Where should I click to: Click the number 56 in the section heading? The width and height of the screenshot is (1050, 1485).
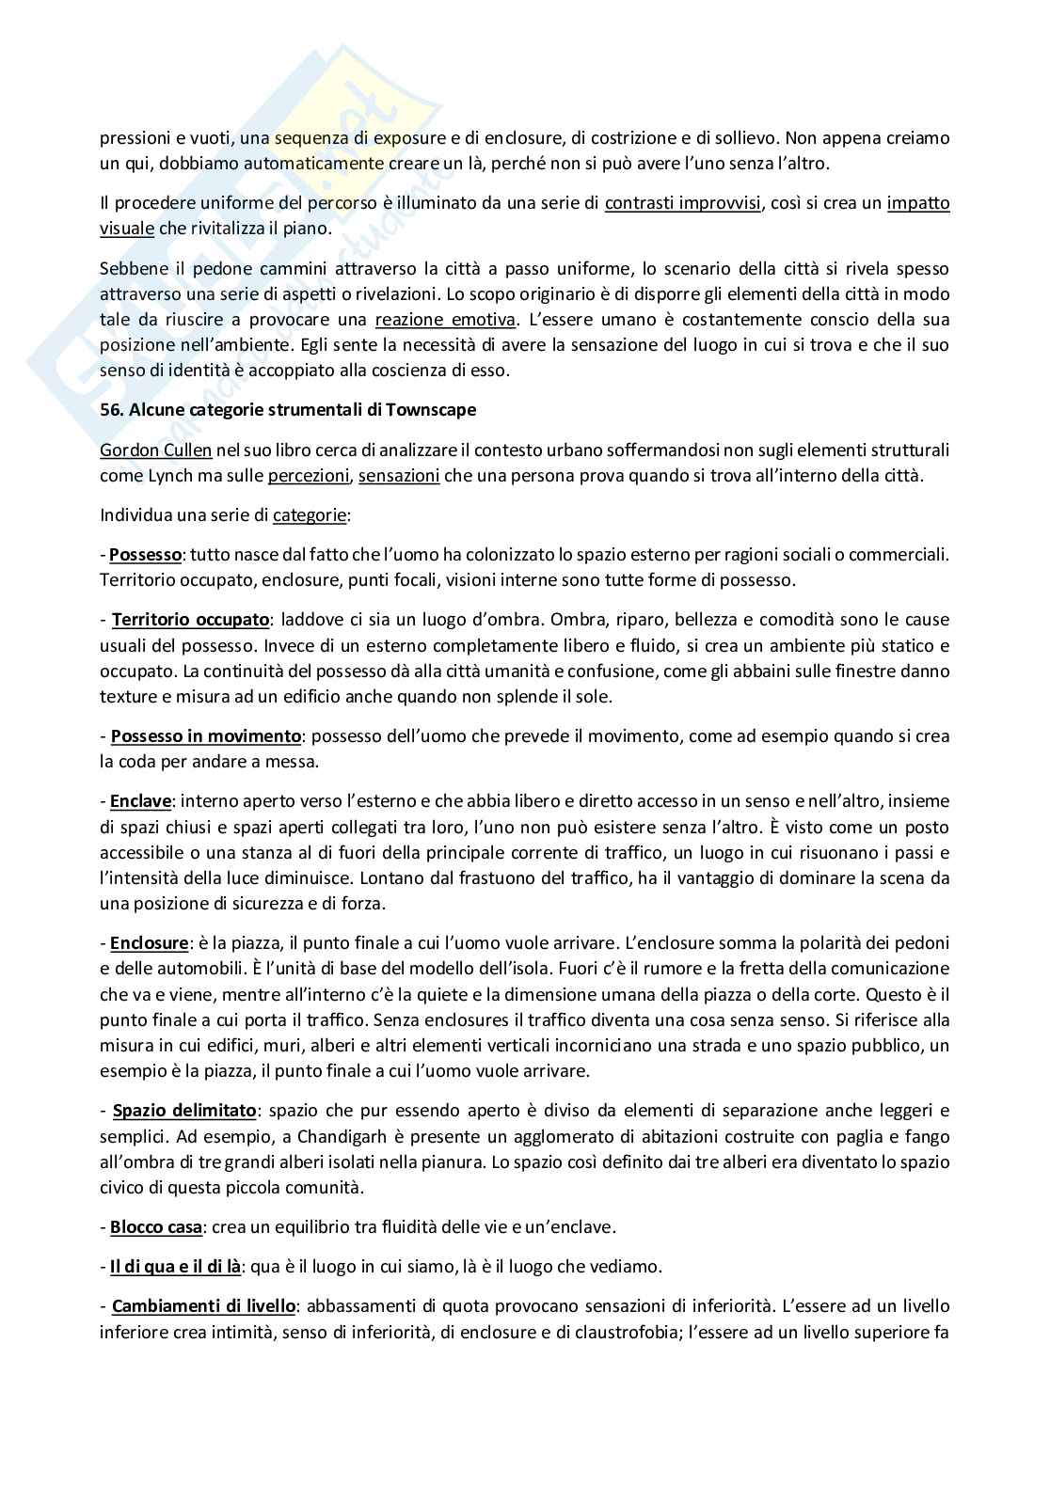[x=110, y=410]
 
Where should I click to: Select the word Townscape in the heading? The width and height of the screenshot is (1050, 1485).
[x=438, y=410]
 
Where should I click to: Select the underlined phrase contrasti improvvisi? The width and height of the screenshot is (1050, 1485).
[x=682, y=203]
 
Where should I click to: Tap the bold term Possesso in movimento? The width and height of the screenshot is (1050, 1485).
[x=206, y=735]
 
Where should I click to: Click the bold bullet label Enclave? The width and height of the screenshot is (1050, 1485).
[x=141, y=801]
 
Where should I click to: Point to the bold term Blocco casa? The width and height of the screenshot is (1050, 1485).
[x=156, y=1227]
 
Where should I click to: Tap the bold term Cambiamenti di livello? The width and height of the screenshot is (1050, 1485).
[x=204, y=1305]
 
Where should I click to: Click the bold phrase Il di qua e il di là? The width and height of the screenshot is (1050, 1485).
[x=175, y=1266]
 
